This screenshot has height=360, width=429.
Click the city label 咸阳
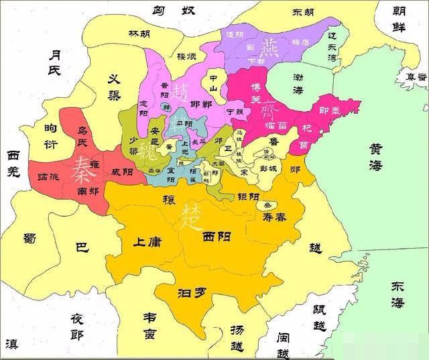point(121,172)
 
